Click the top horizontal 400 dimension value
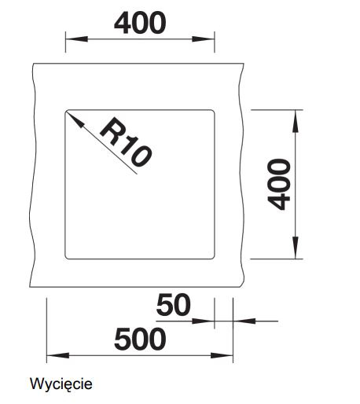(140, 23)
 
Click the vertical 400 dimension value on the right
(279, 184)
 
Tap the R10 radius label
(126, 142)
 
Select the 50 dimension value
(173, 305)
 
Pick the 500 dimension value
(140, 339)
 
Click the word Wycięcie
(61, 384)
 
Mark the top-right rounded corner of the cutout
(213, 111)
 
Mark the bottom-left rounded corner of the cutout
(66, 258)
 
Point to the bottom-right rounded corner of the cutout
(213, 258)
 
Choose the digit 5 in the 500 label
(123, 340)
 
